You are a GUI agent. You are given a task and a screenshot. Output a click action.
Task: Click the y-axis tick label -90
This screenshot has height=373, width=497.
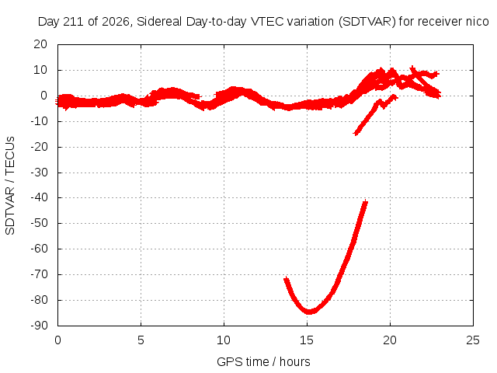(x=40, y=326)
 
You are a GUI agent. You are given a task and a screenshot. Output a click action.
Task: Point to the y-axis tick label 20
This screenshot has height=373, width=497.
(x=40, y=44)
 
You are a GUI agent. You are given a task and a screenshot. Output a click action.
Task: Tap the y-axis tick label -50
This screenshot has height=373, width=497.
(x=40, y=223)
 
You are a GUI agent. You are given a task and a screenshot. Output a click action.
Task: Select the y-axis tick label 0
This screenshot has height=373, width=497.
(x=43, y=96)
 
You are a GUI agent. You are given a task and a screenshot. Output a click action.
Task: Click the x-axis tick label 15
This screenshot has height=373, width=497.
(x=307, y=340)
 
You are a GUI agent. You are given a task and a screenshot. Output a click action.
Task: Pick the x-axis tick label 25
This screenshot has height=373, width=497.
(x=473, y=340)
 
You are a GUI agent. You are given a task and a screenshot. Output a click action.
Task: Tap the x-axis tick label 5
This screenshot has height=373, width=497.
(x=141, y=340)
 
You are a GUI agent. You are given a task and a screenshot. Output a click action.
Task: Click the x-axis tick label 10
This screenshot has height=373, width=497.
(x=224, y=340)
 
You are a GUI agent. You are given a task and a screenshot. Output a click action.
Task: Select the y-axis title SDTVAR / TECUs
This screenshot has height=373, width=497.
(x=10, y=186)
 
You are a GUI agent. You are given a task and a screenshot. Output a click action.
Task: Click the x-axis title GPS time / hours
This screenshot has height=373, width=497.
(x=263, y=361)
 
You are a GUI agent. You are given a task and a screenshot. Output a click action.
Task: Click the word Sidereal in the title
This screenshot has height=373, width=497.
(x=159, y=22)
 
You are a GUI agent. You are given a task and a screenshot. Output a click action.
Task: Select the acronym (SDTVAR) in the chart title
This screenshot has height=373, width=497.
(x=367, y=22)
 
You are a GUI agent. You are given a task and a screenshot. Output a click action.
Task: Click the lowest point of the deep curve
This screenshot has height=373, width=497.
(x=309, y=312)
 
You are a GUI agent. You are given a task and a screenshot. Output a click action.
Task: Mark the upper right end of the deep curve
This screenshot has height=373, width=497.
(x=366, y=202)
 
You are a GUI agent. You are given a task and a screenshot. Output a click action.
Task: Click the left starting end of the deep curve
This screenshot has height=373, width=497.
(x=286, y=279)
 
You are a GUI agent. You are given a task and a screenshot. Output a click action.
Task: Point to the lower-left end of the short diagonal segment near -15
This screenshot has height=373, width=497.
(x=356, y=133)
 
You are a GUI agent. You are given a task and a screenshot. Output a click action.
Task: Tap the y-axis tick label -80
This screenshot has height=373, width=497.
(x=40, y=300)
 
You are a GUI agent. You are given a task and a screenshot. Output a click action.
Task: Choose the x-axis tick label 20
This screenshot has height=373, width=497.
(x=390, y=340)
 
